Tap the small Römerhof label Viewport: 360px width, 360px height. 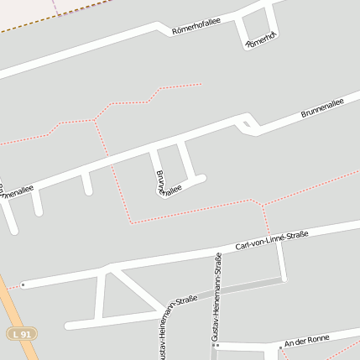(x=260, y=39)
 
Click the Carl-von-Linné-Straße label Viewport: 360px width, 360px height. (x=272, y=238)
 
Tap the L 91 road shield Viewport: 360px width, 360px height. (x=23, y=334)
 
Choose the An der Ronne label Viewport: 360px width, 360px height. (x=304, y=342)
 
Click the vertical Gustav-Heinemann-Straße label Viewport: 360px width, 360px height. (x=217, y=301)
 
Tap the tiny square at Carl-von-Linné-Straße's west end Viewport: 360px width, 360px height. (x=23, y=285)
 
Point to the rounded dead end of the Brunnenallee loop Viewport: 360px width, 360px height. (x=199, y=178)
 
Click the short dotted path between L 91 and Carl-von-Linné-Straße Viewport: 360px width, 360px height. (x=11, y=286)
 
